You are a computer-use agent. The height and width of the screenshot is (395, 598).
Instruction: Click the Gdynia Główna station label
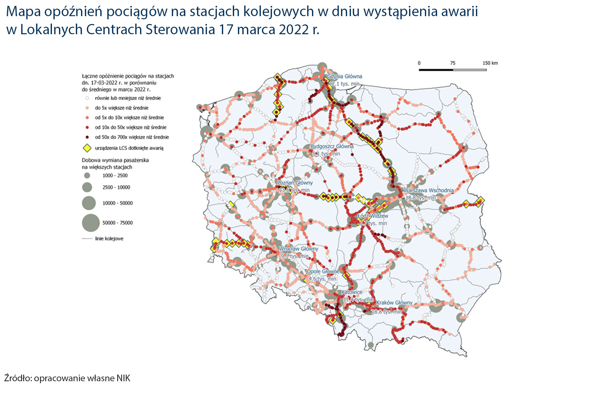pyautogui.click(x=344, y=76)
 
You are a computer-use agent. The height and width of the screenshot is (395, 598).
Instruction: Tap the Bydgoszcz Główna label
pyautogui.click(x=332, y=146)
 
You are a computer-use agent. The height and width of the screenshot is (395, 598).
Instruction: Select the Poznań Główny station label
pyautogui.click(x=295, y=183)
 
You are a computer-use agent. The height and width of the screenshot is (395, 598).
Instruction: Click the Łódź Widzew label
pyautogui.click(x=373, y=216)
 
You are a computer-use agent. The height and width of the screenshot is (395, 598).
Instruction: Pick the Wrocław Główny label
pyautogui.click(x=298, y=249)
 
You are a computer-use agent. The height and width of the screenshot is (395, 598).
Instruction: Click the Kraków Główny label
pyautogui.click(x=394, y=303)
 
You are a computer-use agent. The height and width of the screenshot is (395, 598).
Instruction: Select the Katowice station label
pyautogui.click(x=351, y=292)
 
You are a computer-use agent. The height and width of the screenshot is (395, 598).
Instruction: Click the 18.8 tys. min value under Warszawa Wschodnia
pyautogui.click(x=421, y=198)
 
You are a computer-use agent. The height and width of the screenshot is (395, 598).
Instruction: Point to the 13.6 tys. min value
pyautogui.click(x=294, y=190)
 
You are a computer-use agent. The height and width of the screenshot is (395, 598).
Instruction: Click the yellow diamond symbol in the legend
pyautogui.click(x=87, y=148)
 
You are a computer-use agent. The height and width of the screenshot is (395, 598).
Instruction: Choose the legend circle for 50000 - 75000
pyautogui.click(x=91, y=223)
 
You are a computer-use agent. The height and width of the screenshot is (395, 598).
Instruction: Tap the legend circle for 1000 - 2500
pyautogui.click(x=87, y=175)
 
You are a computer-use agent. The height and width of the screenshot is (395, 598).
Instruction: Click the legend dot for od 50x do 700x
pyautogui.click(x=87, y=137)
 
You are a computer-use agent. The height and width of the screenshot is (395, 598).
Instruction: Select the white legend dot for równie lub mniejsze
pyautogui.click(x=87, y=98)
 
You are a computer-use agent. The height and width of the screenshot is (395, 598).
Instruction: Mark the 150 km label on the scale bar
pyautogui.click(x=490, y=63)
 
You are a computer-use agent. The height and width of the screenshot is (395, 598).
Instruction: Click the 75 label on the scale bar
pyautogui.click(x=452, y=63)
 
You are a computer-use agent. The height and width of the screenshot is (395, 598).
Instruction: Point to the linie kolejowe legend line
pyautogui.click(x=87, y=238)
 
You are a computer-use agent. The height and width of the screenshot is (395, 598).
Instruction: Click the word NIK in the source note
pyautogui.click(x=123, y=378)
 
